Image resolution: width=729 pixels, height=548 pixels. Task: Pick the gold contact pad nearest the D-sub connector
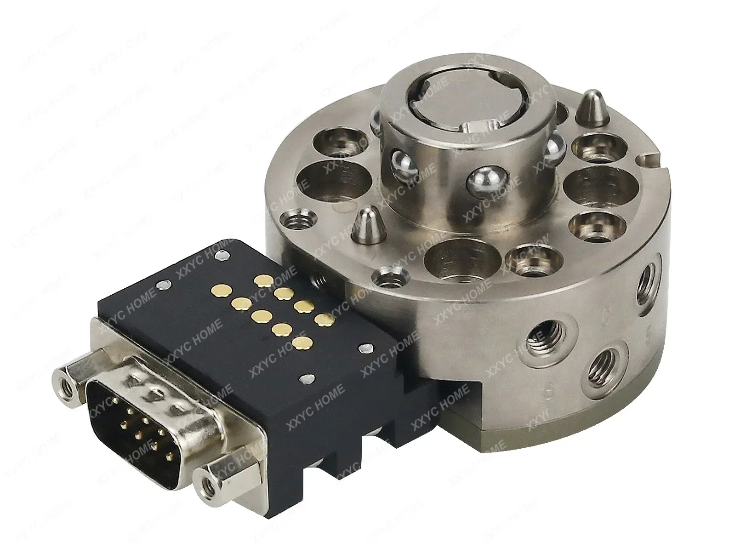point(302,342)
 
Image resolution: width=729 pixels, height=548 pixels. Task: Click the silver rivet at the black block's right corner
point(366,348)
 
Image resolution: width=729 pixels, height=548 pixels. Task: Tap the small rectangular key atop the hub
point(477,125)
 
